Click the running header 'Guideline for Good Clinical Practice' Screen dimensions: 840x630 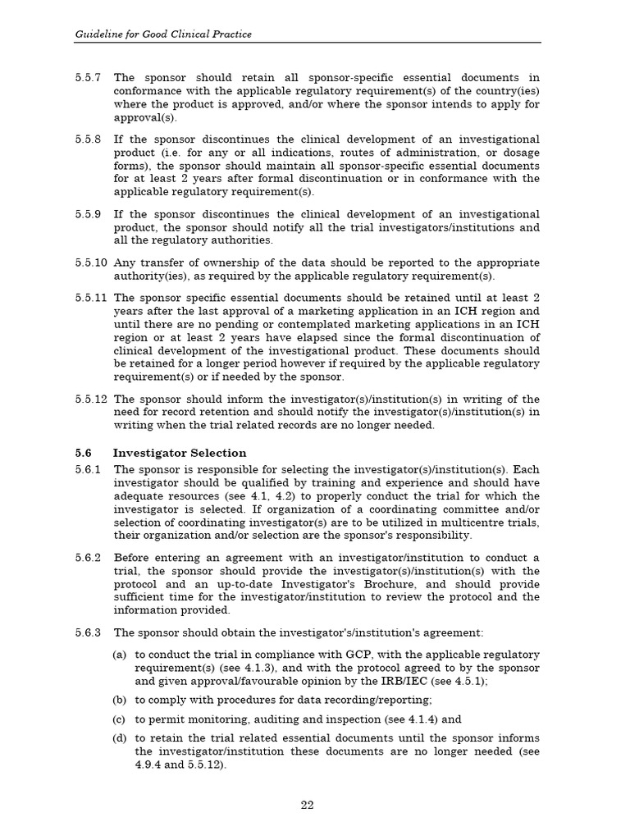click(163, 34)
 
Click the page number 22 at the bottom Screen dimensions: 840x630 click(307, 805)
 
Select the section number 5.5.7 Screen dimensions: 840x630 click(87, 78)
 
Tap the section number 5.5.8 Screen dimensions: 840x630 click(87, 139)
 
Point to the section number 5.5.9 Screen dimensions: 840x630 click(87, 214)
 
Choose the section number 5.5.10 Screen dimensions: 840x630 click(90, 262)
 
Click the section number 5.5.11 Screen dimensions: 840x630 click(90, 298)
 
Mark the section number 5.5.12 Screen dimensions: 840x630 click(90, 399)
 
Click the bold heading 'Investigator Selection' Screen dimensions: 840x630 click(179, 453)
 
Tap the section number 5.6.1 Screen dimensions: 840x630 click(87, 469)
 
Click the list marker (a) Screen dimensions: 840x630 click(120, 655)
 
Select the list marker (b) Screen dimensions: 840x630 click(120, 700)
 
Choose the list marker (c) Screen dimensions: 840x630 click(120, 719)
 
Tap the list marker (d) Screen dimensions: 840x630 click(120, 738)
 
